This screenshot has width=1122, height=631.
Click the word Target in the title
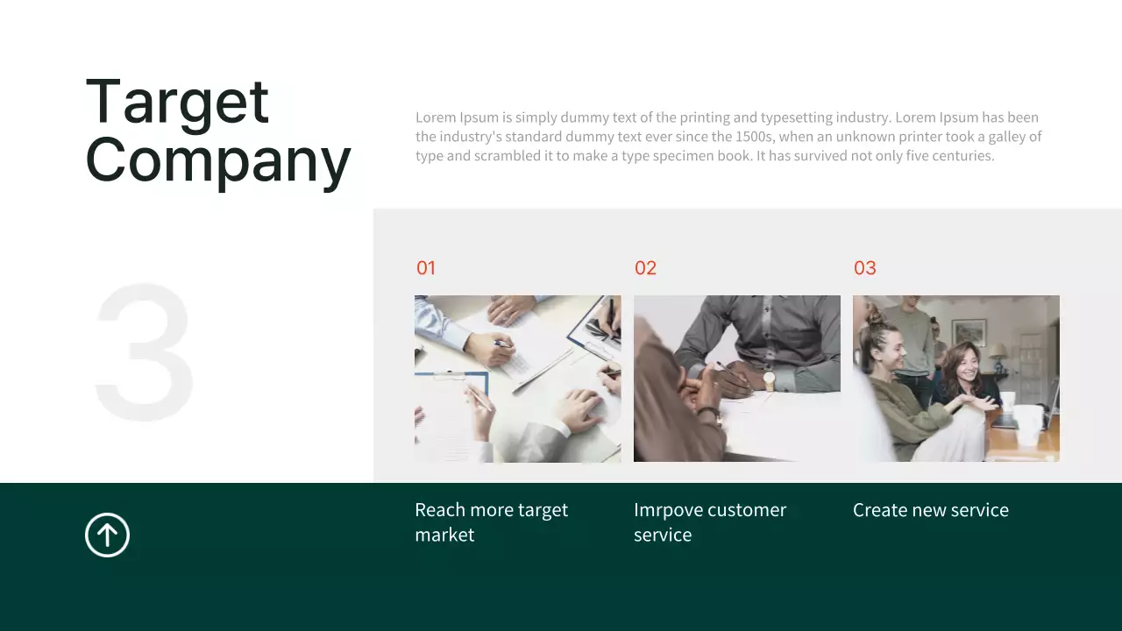coord(177,103)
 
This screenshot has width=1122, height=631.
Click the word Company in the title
coord(217,160)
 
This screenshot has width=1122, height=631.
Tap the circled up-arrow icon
coord(107,535)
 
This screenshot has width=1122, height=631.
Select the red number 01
coord(426,268)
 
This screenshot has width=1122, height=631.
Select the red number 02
coord(645,268)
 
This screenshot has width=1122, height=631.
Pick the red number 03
coord(864,268)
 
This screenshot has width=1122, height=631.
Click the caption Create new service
coord(930,510)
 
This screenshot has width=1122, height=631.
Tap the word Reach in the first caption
coord(439,510)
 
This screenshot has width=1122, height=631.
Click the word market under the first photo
coord(444,535)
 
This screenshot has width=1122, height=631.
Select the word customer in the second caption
coord(747,510)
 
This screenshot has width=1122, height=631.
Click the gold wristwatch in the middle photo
coord(769,380)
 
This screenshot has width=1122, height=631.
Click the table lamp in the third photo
coord(998,352)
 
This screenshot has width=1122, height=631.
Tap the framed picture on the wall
coord(969,331)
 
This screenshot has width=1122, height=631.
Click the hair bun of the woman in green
coord(874,314)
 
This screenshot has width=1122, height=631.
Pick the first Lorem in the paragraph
coord(436,117)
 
